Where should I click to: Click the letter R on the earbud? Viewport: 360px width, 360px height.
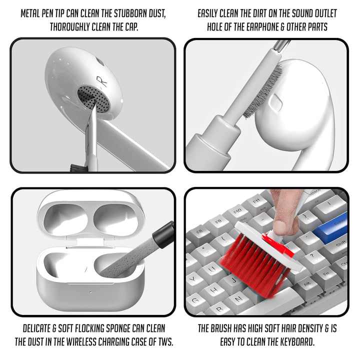[x=99, y=80]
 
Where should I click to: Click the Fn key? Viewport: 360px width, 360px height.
[x=325, y=274]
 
